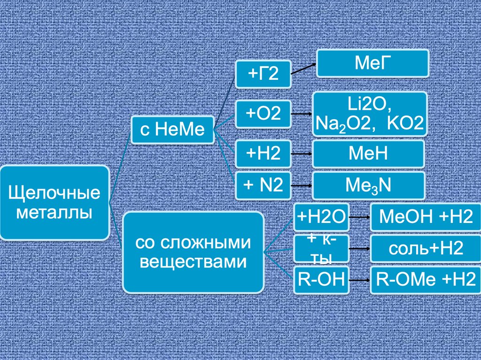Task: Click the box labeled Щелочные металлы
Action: pos(54,203)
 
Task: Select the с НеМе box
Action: pos(172,129)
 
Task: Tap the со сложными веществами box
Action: pos(193,252)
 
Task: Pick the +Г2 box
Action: pos(263,74)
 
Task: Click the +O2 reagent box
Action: pos(263,114)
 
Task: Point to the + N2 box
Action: pos(263,185)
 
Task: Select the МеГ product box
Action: pos(372,63)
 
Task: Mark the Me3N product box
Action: pos(368,185)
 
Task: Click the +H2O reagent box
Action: pos(321,217)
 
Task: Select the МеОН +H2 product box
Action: pos(425,217)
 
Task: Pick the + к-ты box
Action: pos(321,249)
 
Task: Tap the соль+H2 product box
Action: pos(425,249)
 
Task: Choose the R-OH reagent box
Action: pos(321,280)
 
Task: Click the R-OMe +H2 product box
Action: pos(425,280)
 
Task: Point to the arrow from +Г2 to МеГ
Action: pos(304,69)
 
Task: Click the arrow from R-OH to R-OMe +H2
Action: pos(360,280)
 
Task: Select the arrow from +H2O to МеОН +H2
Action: pos(360,217)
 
